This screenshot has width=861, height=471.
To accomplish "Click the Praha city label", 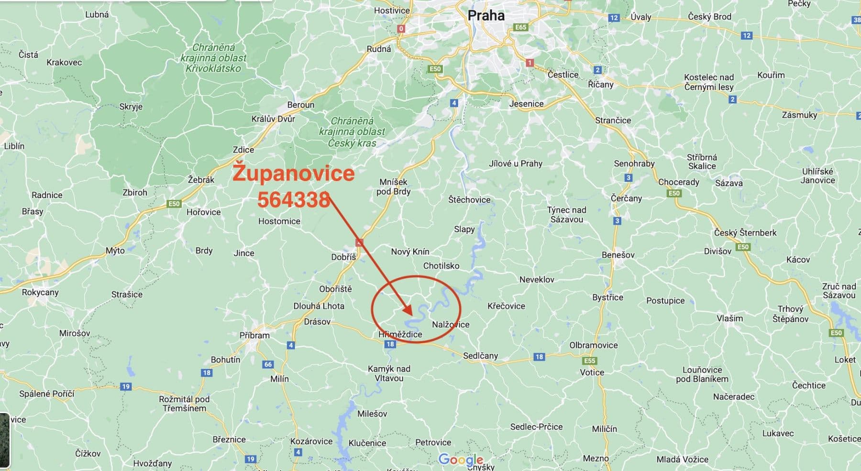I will click(486, 16).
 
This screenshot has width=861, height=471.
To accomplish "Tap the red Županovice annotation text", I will click(293, 173).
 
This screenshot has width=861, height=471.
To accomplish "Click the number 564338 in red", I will click(293, 199).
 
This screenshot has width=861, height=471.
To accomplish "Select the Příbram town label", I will click(254, 335).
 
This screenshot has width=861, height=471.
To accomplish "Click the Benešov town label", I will click(618, 255).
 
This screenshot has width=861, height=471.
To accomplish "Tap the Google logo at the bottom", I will click(460, 460).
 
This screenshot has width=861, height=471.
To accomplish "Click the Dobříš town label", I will click(343, 257).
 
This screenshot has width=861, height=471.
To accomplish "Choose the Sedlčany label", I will click(480, 355).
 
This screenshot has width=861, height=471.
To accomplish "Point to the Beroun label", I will click(301, 105).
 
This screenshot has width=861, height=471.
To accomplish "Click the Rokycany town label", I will click(40, 292).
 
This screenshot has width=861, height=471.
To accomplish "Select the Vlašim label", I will click(729, 318).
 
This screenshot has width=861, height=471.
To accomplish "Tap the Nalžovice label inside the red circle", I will click(451, 324).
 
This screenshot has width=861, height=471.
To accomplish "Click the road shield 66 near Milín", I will click(268, 364).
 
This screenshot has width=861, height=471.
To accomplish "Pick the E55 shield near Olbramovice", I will click(590, 361).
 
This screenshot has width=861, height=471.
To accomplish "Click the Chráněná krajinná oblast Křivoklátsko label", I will click(213, 58).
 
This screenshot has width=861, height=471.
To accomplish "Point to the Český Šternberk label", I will click(745, 233).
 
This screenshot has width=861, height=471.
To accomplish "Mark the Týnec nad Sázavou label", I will click(566, 214).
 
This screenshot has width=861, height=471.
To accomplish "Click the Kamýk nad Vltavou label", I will click(389, 373).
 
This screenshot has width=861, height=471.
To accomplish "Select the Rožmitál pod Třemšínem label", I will click(184, 404).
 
